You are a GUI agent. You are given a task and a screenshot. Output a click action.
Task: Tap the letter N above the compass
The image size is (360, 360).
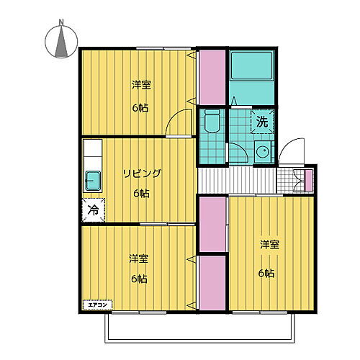62,22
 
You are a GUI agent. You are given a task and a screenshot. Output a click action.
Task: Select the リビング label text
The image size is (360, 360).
140,173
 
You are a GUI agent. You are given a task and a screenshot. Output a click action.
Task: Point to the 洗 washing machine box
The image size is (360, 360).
262,121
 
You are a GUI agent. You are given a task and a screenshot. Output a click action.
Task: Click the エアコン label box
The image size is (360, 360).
97,305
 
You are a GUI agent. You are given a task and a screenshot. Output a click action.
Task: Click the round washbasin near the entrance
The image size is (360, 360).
262,153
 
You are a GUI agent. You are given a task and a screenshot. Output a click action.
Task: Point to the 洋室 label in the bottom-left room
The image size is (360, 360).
138,258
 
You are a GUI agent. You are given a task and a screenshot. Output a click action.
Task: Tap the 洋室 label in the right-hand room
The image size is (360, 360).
270,245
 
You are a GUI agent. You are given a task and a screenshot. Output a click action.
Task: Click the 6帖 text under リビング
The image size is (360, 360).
140,194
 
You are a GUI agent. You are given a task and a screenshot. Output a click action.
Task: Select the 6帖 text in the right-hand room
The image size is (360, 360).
267,273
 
